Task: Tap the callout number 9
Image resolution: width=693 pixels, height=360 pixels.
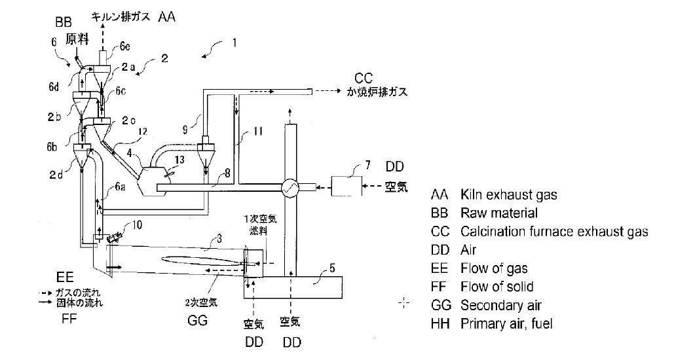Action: click(x=185, y=130)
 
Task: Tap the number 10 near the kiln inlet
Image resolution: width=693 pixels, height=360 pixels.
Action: click(x=137, y=225)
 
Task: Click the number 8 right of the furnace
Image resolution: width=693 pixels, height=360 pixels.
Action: click(x=227, y=173)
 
